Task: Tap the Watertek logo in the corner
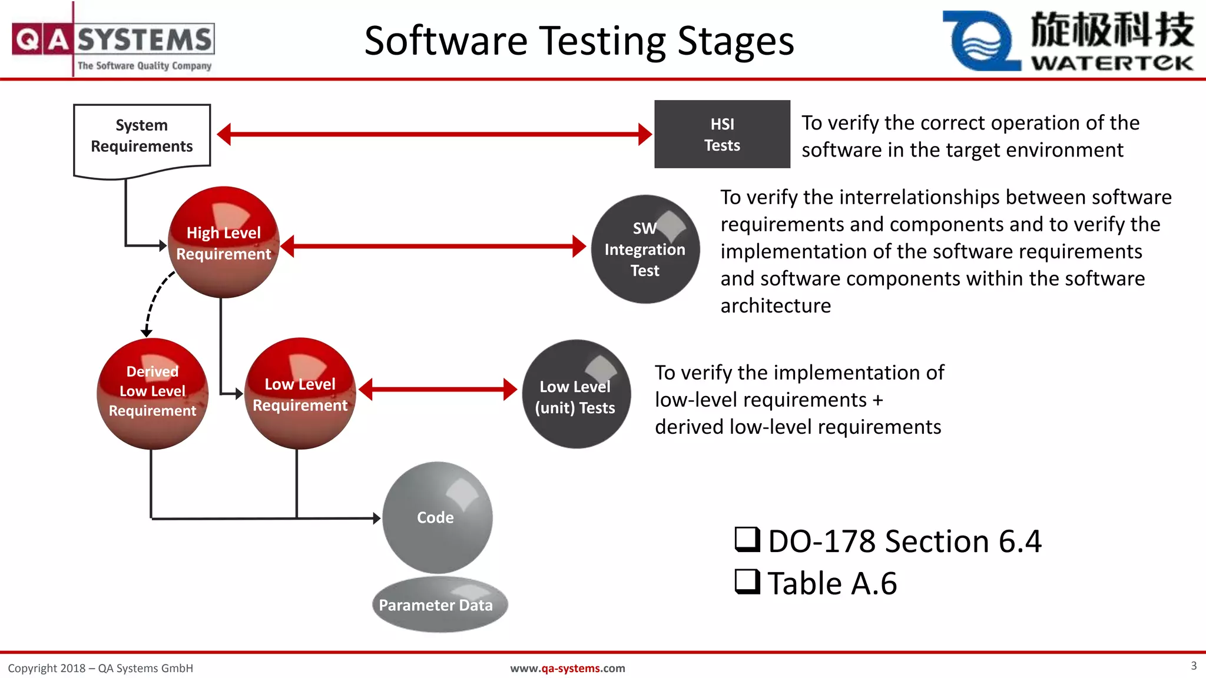1068,40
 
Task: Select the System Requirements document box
142,137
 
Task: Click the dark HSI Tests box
722,134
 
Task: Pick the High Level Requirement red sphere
223,242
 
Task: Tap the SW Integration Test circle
645,250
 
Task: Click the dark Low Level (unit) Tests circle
575,394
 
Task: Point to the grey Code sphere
436,517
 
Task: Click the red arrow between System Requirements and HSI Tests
434,134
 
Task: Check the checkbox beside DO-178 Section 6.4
747,539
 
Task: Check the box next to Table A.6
747,581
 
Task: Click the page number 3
1193,666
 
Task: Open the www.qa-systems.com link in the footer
567,668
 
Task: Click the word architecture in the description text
775,306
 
